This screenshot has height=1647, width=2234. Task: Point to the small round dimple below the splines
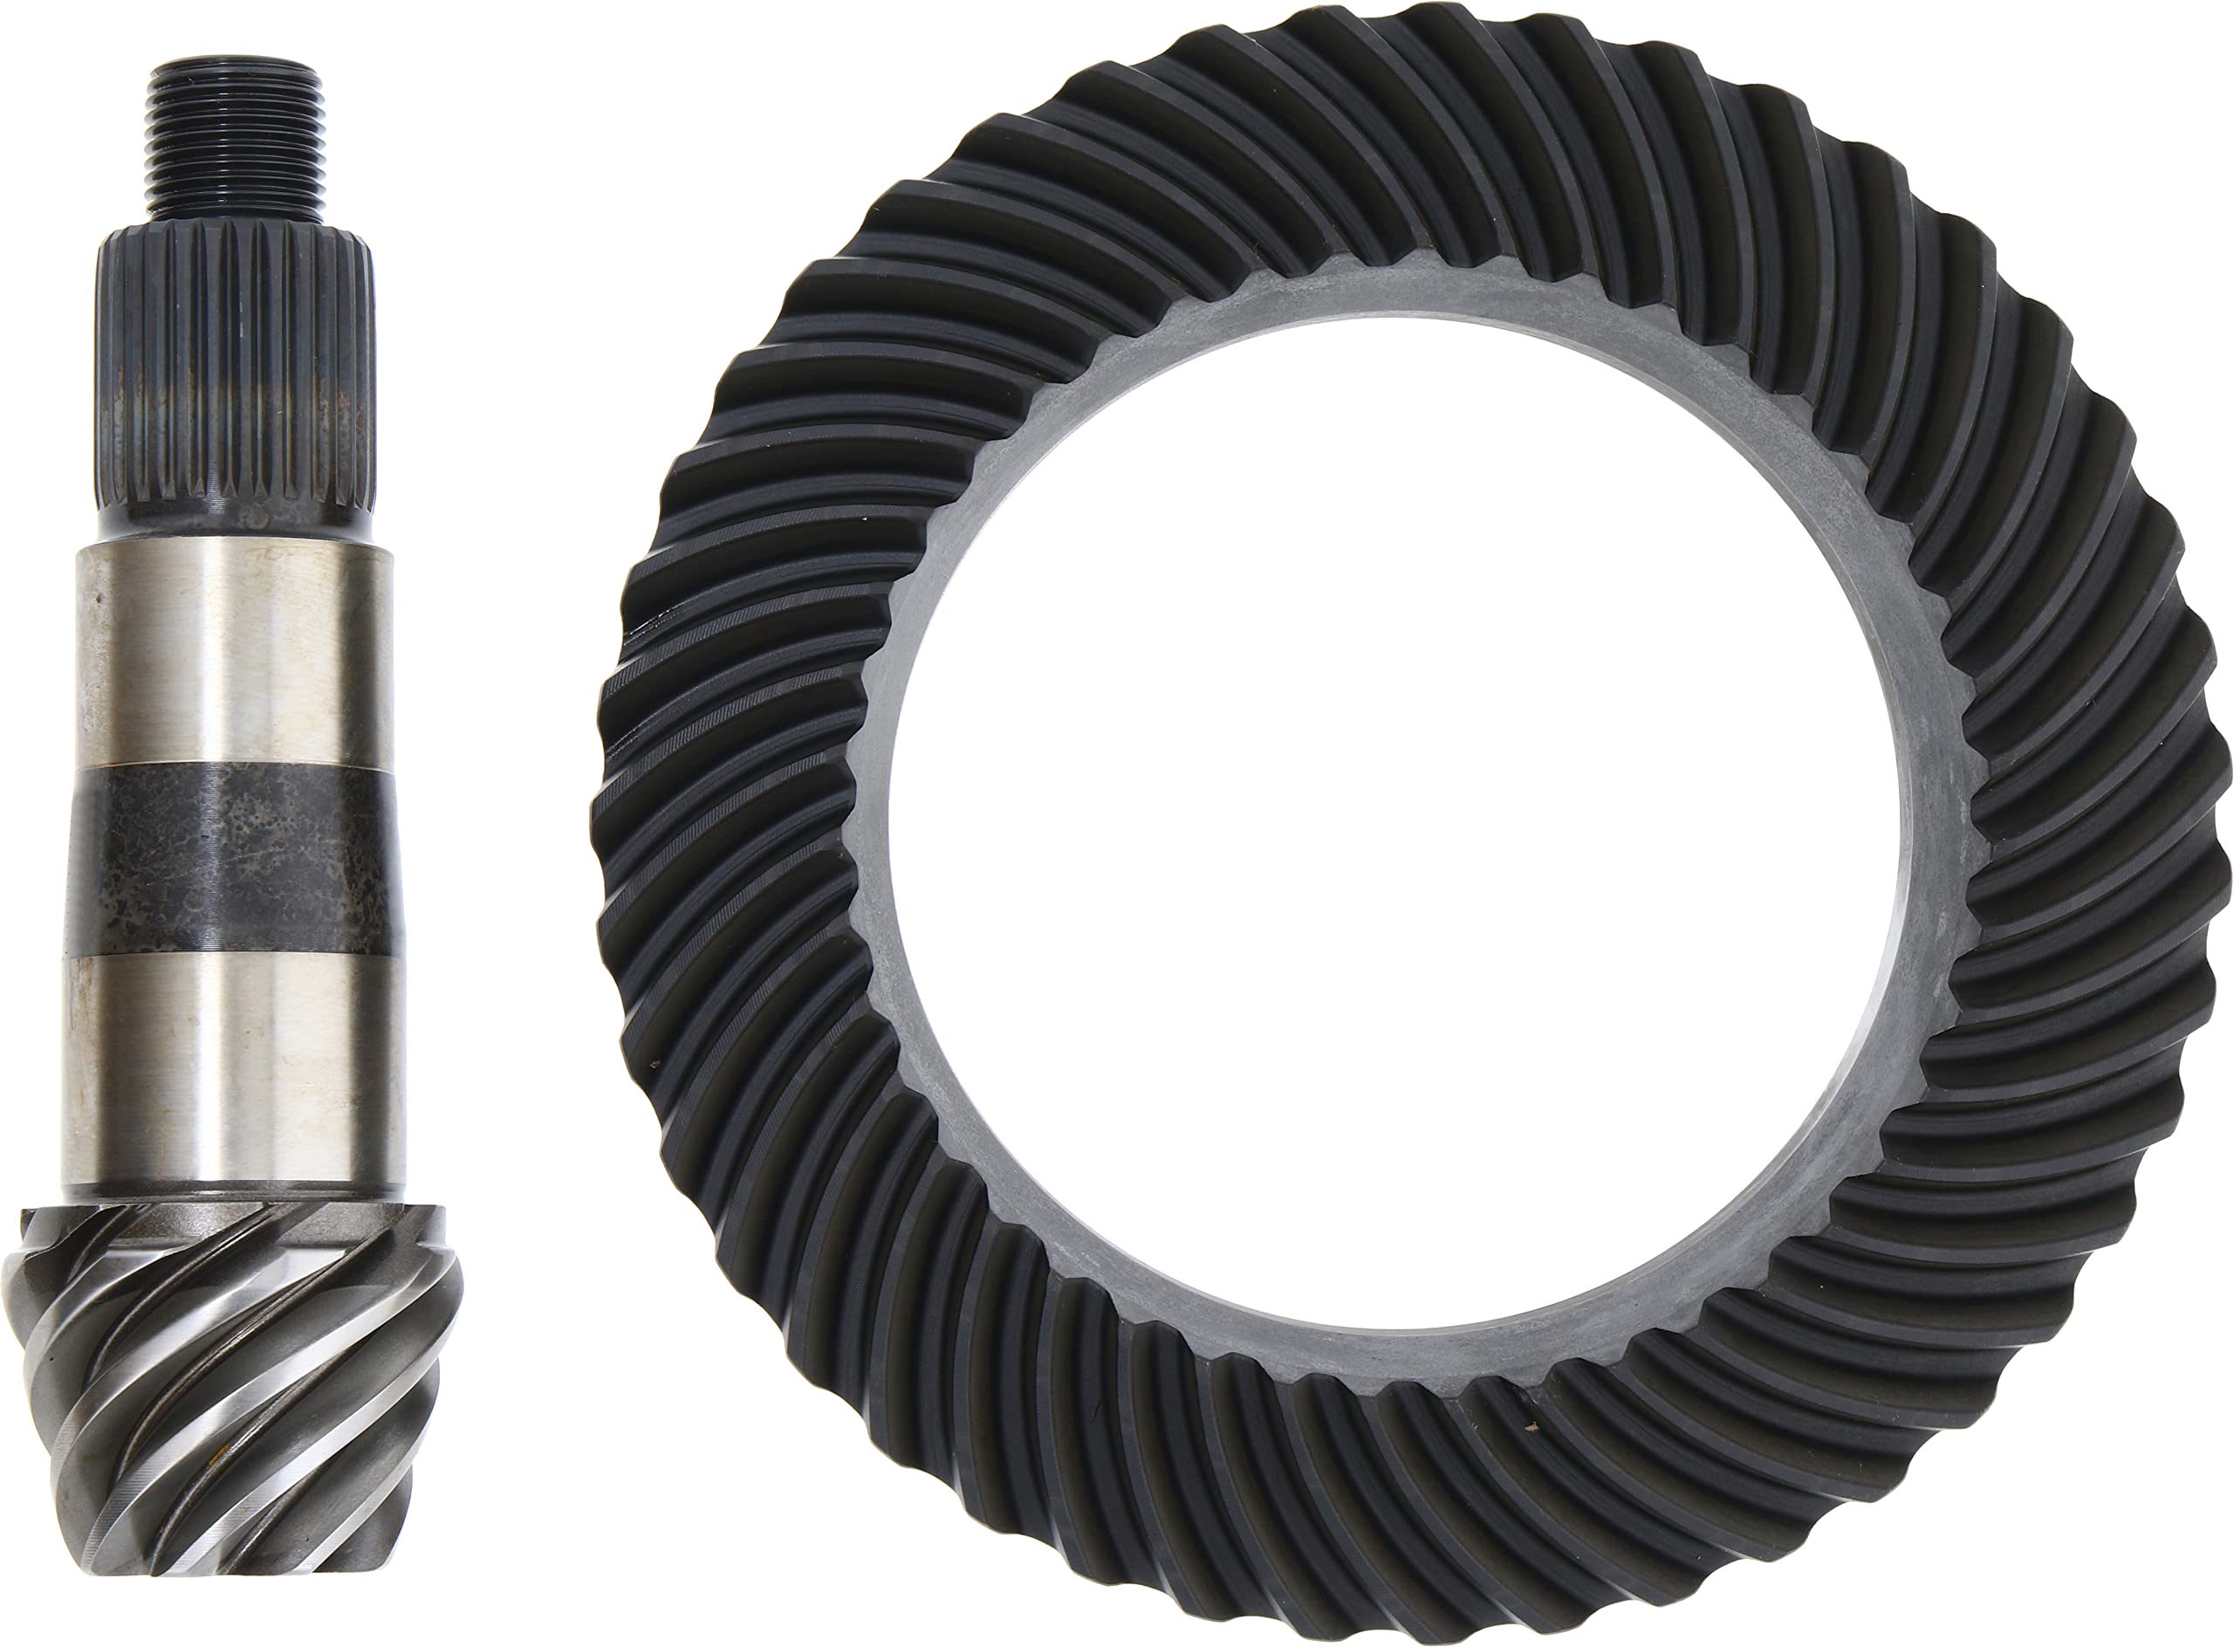pos(258,518)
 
